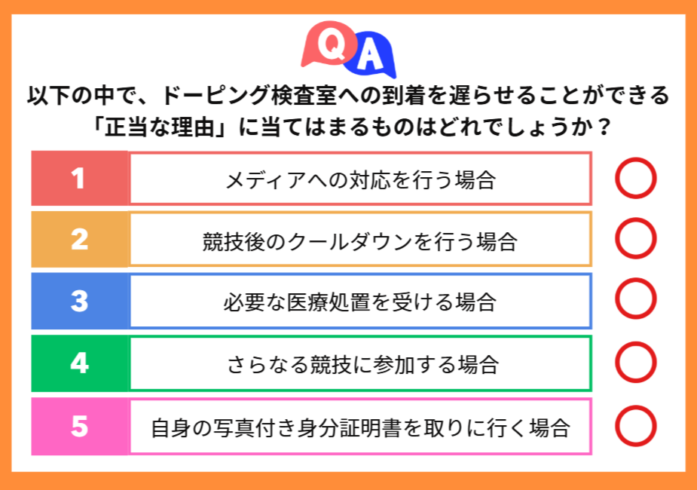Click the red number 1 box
point(79,179)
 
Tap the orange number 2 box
point(79,240)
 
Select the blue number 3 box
point(79,302)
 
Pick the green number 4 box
point(79,364)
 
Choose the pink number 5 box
point(79,427)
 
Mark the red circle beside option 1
point(635,179)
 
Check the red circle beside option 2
point(635,239)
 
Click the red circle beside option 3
point(635,300)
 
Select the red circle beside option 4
point(635,363)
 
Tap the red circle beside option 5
point(635,426)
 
